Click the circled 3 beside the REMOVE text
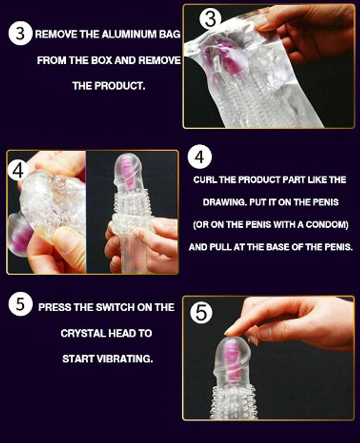20,34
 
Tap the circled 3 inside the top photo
211,19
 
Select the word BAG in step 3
169,34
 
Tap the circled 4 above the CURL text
200,157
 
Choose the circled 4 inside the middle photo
19,170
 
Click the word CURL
205,180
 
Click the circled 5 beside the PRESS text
20,304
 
